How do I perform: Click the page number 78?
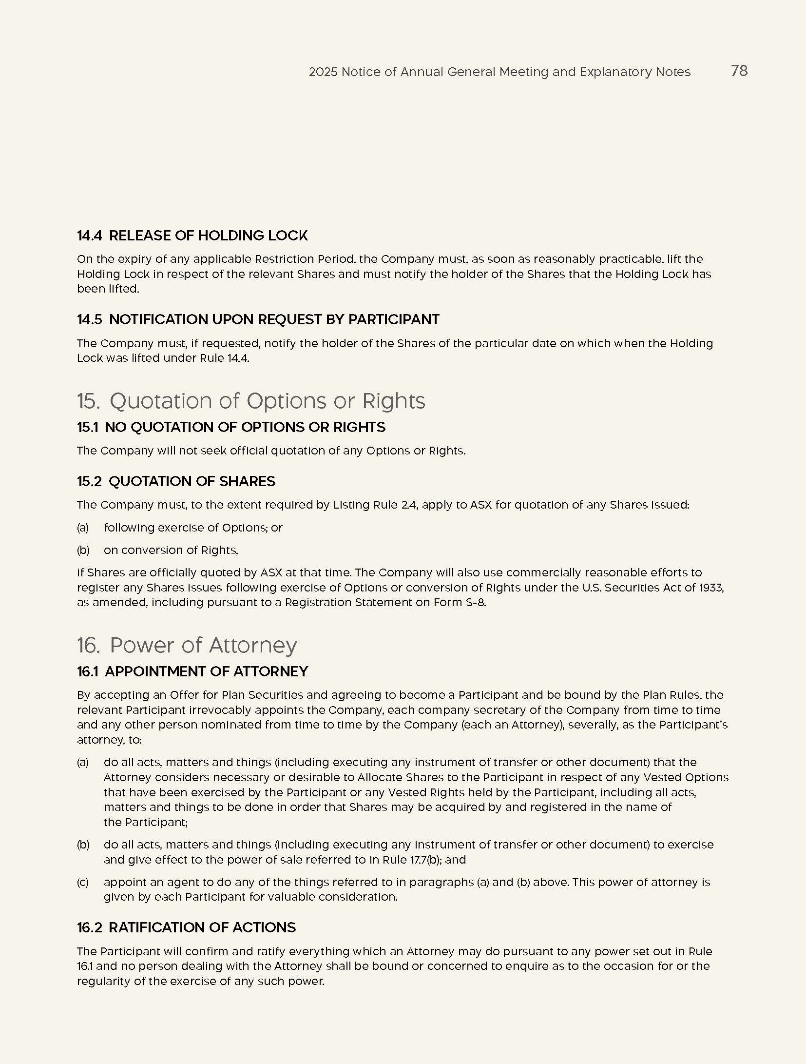pos(739,71)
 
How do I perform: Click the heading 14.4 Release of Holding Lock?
pos(192,236)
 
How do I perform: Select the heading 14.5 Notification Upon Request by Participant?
pos(258,319)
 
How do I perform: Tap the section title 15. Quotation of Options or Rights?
pos(250,401)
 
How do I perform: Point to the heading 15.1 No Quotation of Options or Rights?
pos(230,427)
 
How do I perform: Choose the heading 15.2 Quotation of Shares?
pos(176,481)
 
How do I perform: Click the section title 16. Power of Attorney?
pos(187,645)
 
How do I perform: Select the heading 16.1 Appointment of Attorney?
pos(192,671)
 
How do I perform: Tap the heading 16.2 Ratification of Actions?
pos(186,927)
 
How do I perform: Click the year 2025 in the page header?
pos(323,72)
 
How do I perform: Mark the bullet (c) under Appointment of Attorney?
pos(83,882)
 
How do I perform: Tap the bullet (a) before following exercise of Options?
pos(83,528)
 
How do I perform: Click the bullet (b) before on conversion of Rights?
pos(83,550)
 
